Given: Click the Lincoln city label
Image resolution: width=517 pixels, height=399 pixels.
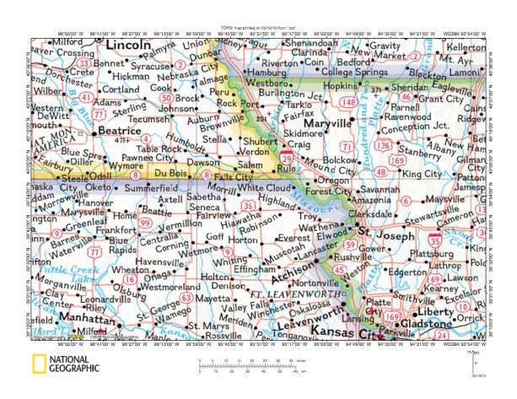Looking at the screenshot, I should click(123, 45).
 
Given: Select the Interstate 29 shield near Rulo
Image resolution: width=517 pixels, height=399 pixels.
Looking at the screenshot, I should click(288, 158).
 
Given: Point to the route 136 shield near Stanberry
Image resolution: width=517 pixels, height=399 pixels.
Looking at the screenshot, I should click(384, 144).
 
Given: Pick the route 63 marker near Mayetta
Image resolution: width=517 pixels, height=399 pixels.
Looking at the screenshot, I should click(186, 298).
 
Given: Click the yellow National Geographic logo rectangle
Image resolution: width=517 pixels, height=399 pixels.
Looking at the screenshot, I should click(37, 364).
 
